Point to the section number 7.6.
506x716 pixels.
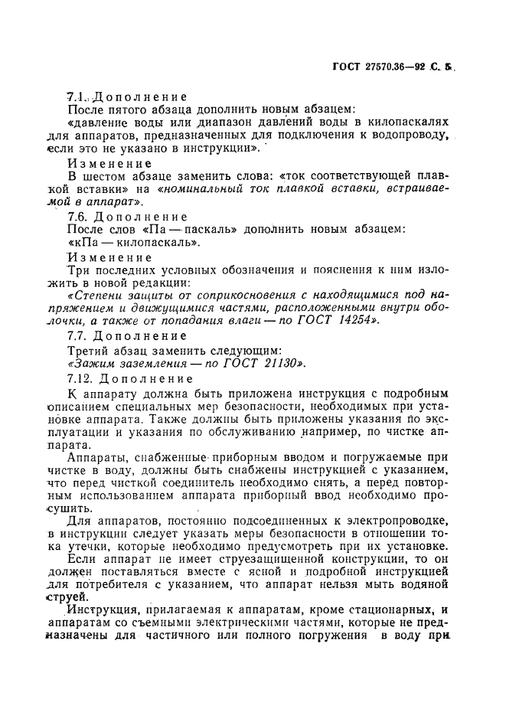(79, 217)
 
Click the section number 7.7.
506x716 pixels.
(79, 336)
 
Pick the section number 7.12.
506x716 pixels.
(82, 379)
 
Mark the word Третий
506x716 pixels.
(90, 351)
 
